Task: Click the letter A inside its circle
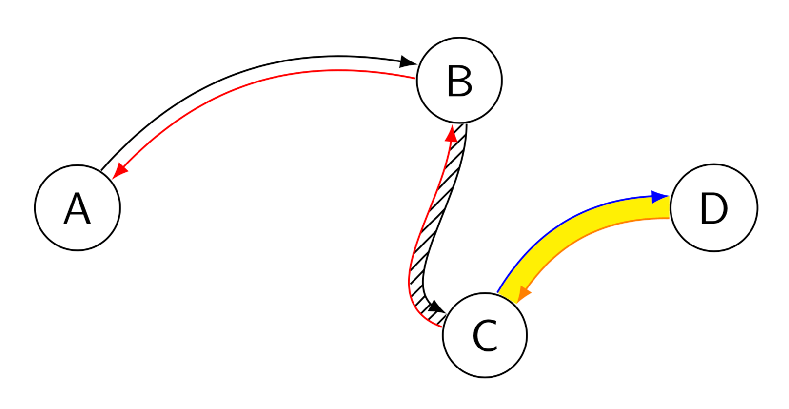click(x=77, y=208)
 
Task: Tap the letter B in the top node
click(x=459, y=81)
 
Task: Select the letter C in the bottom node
click(x=485, y=336)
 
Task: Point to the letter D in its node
click(x=713, y=208)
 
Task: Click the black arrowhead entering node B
click(x=408, y=62)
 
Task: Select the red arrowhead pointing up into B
click(x=452, y=133)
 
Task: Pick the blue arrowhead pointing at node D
click(x=660, y=197)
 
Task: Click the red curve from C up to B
click(x=424, y=220)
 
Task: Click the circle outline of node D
click(x=714, y=165)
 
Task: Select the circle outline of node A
click(x=35, y=208)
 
